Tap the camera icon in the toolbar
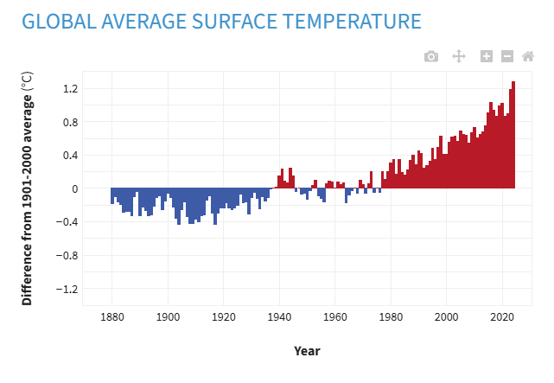(431, 56)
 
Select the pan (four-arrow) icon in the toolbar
(459, 56)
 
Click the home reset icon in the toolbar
(527, 56)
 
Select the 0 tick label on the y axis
(74, 188)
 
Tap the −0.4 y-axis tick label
(67, 222)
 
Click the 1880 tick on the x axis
(112, 317)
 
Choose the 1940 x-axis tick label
(279, 317)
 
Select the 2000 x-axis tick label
(447, 317)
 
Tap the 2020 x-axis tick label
(502, 317)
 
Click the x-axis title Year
(307, 351)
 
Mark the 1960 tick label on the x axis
(335, 317)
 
